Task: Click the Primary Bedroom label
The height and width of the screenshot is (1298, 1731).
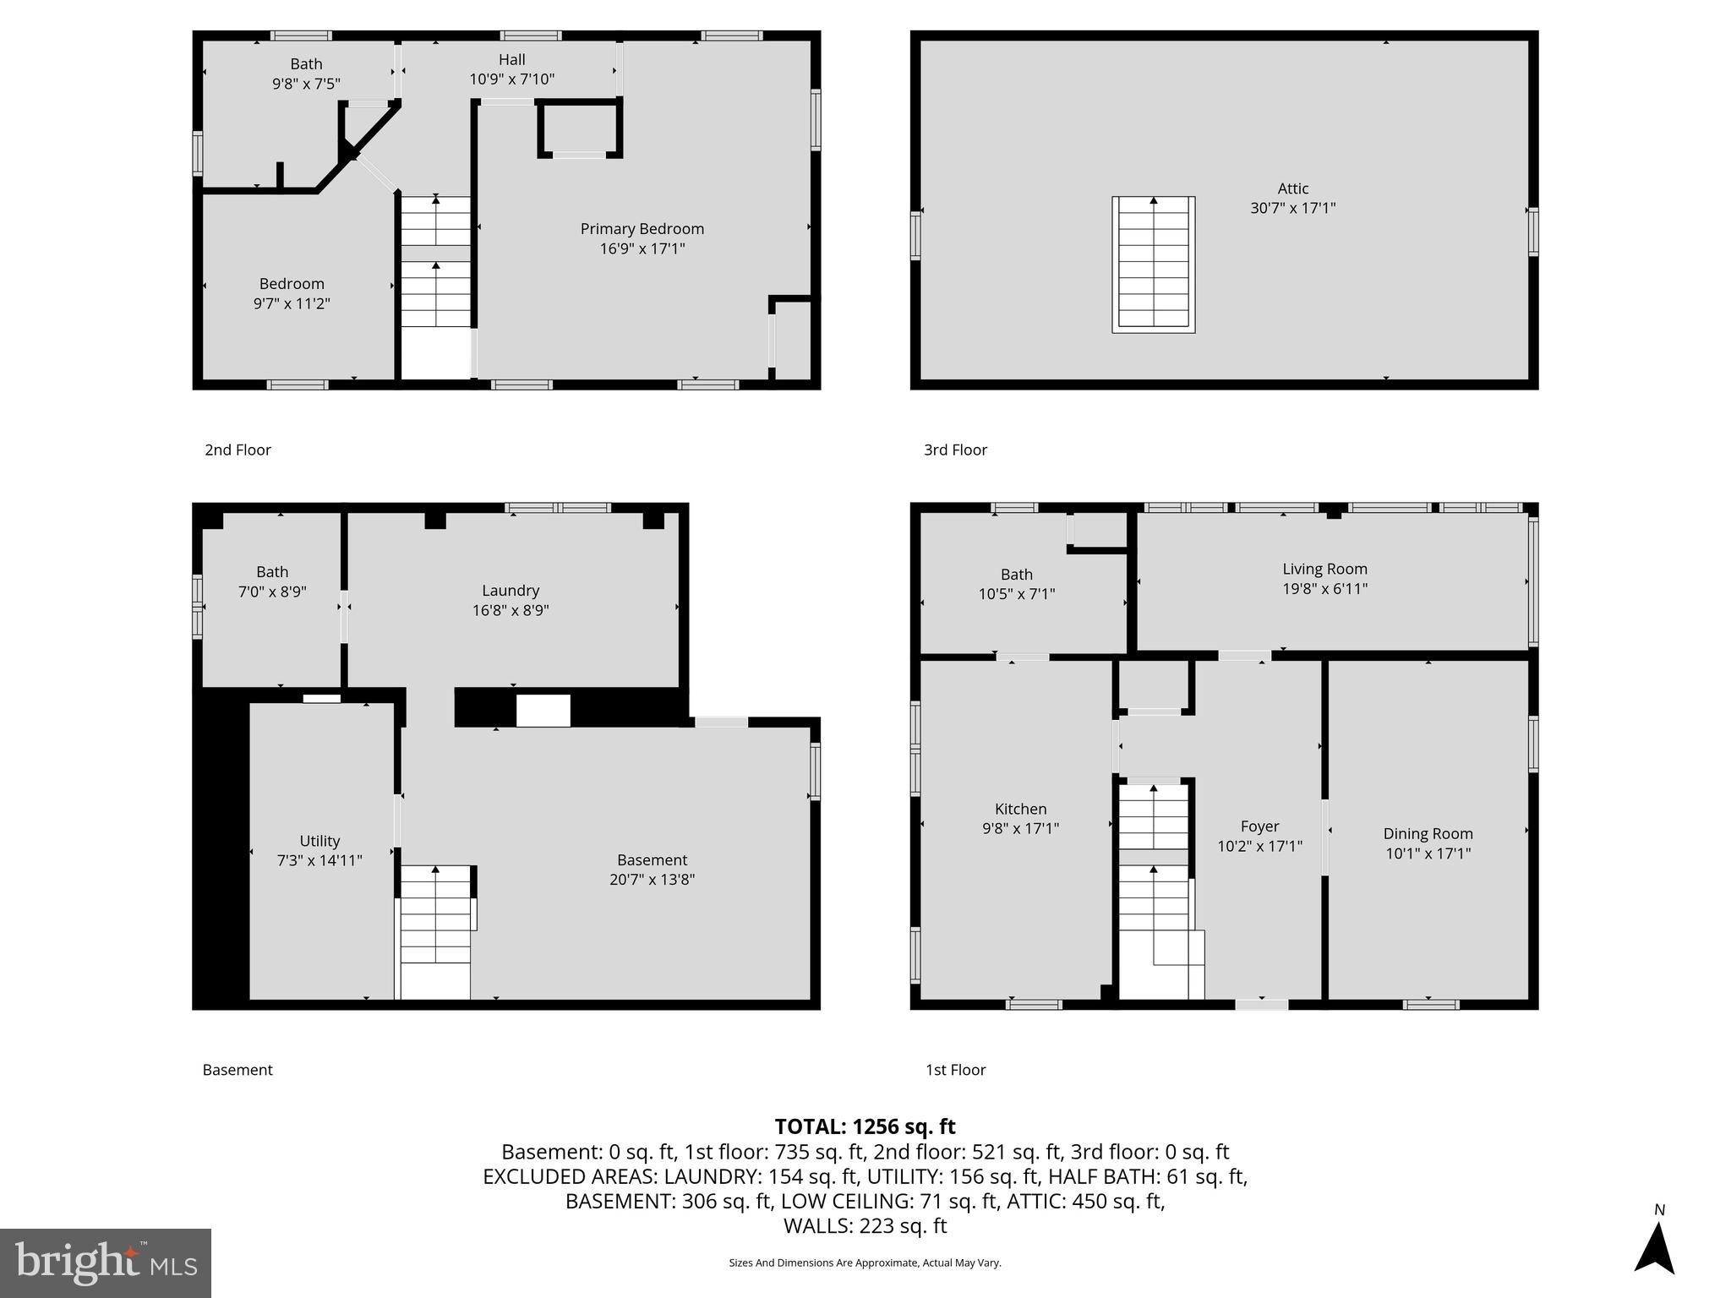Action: [x=642, y=229]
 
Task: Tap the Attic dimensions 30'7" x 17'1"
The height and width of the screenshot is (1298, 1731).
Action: [x=1292, y=208]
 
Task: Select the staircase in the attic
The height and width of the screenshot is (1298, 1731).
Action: [x=1153, y=265]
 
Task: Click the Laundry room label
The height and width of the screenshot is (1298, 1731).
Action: [x=511, y=591]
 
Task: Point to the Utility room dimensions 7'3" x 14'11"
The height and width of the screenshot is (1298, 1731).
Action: [x=319, y=860]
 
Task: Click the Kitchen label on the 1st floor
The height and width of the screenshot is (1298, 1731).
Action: [x=1020, y=809]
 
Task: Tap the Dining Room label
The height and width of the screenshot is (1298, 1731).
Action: [x=1428, y=833]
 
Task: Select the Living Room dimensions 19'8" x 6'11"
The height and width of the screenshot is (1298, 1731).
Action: [x=1324, y=589]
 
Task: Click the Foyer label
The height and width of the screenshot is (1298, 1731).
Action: [x=1259, y=826]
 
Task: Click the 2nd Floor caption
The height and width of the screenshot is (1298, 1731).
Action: [x=238, y=450]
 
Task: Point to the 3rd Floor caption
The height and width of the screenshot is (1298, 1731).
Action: [x=955, y=450]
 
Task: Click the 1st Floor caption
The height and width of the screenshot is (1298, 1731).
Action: [x=955, y=1070]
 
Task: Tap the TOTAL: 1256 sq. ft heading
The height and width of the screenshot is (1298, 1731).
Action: [x=865, y=1126]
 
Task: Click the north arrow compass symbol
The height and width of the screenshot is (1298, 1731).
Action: [x=1654, y=1246]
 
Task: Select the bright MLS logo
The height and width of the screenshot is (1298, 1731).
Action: [x=106, y=1263]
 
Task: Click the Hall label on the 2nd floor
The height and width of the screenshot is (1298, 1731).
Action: [x=511, y=59]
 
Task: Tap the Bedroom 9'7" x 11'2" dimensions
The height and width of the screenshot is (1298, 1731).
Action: [x=292, y=303]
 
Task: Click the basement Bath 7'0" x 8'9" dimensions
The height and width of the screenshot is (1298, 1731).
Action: [x=272, y=592]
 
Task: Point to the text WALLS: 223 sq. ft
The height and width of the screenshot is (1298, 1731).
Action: [x=865, y=1225]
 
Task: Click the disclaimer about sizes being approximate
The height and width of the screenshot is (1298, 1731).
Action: [x=865, y=1263]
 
